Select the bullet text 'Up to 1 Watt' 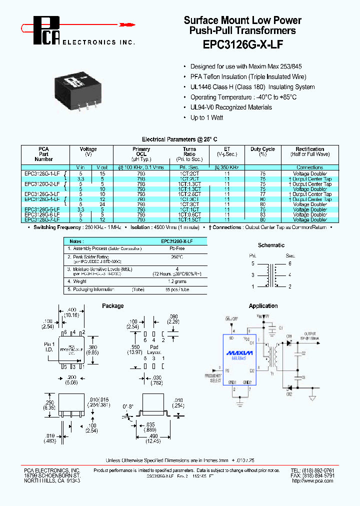(x=206, y=117)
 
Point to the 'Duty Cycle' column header (x=262, y=149)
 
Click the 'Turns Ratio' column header (x=189, y=151)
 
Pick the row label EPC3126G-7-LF (x=42, y=219)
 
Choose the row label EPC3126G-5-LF (x=42, y=209)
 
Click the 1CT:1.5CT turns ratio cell (x=189, y=219)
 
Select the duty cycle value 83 (x=262, y=214)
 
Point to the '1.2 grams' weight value (x=177, y=281)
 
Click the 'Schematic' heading (x=271, y=245)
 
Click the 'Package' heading (x=112, y=306)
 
